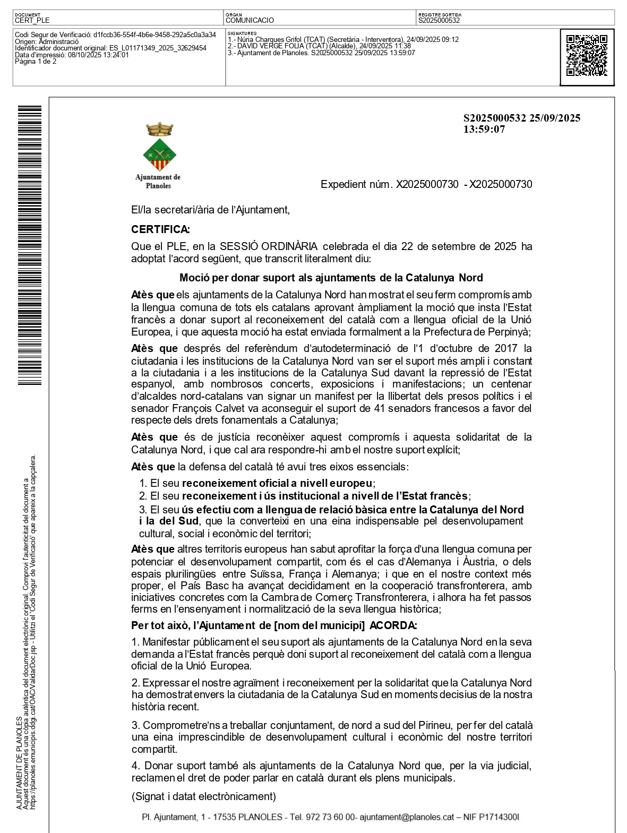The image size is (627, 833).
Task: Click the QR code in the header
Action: pyautogui.click(x=587, y=56)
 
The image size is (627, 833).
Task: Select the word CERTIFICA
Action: pyautogui.click(x=160, y=229)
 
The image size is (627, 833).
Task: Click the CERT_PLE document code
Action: pyautogui.click(x=32, y=20)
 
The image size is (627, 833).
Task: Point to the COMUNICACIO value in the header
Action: pyautogui.click(x=250, y=20)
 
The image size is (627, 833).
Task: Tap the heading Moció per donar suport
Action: pyautogui.click(x=331, y=277)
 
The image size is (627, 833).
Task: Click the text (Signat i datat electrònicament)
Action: pyautogui.click(x=204, y=796)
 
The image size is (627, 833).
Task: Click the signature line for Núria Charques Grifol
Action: pyautogui.click(x=343, y=39)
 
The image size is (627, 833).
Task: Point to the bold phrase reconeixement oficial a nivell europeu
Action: pyautogui.click(x=277, y=483)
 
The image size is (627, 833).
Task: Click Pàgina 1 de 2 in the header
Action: pyautogui.click(x=36, y=61)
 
